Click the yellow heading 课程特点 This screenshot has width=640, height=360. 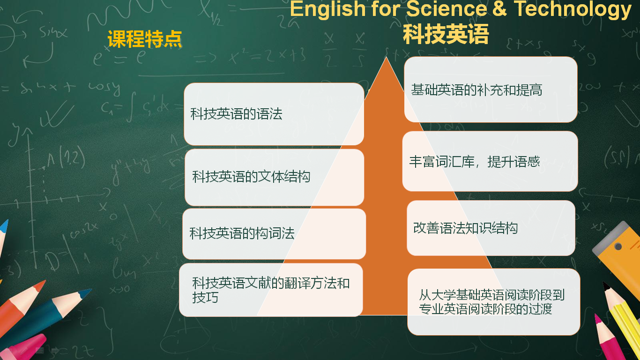(145, 39)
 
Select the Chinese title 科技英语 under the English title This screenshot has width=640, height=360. (446, 34)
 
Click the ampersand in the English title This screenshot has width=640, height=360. (500, 8)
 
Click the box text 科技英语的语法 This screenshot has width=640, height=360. (236, 114)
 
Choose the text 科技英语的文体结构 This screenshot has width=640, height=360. (251, 176)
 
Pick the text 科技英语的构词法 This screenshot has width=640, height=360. (242, 233)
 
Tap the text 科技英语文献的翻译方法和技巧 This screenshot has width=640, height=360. (271, 290)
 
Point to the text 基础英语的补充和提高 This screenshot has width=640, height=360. (476, 90)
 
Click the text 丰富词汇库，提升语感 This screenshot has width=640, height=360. (475, 162)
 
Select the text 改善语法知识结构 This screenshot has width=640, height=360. (465, 228)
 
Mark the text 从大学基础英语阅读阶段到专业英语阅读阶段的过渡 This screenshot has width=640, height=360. (491, 302)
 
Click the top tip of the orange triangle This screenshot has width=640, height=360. (386, 57)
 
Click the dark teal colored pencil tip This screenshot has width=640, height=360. (85, 293)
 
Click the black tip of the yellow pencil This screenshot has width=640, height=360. (606, 285)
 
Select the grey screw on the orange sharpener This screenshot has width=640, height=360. (618, 247)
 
